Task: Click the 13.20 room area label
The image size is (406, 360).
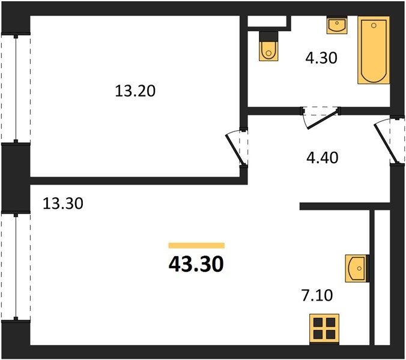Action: click(135, 91)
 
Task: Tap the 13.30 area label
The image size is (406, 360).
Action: click(63, 203)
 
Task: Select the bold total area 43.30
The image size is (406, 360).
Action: click(196, 265)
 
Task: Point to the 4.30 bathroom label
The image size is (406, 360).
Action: click(321, 58)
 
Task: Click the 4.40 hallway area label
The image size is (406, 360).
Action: click(323, 157)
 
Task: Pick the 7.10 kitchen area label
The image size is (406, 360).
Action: click(317, 295)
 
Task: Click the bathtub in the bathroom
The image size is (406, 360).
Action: click(374, 50)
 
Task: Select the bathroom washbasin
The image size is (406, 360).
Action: click(337, 25)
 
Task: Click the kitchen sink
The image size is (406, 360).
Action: click(357, 268)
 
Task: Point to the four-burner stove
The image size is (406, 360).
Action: click(324, 329)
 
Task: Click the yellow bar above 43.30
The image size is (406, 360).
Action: click(196, 245)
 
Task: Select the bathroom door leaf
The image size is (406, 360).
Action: click(322, 119)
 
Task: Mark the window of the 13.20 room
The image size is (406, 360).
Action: click(16, 88)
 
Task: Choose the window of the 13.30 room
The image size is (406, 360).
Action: click(16, 266)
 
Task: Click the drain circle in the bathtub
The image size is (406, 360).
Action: click(374, 25)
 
